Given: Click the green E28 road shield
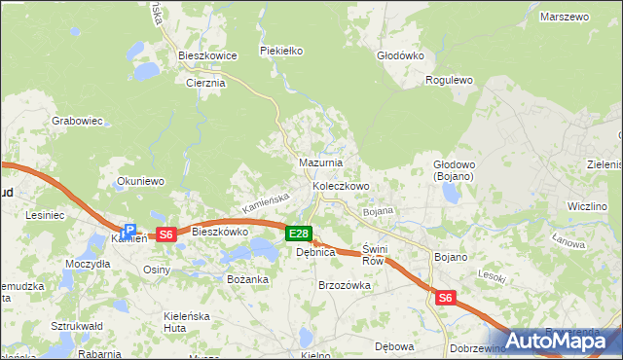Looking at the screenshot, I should (299, 234).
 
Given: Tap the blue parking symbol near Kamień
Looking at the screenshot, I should (128, 232).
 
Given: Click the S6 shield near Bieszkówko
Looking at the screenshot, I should (166, 234).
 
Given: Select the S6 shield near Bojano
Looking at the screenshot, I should (446, 299).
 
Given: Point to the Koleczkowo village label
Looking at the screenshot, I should (340, 186).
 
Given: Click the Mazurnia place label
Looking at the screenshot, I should (320, 162).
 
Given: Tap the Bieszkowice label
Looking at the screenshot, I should (208, 56).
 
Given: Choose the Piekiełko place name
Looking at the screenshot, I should (282, 50).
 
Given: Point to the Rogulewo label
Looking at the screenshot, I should (450, 81).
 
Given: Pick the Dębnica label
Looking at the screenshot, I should (315, 252).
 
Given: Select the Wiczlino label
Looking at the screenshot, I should (587, 207).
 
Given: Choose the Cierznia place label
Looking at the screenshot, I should (205, 84).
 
